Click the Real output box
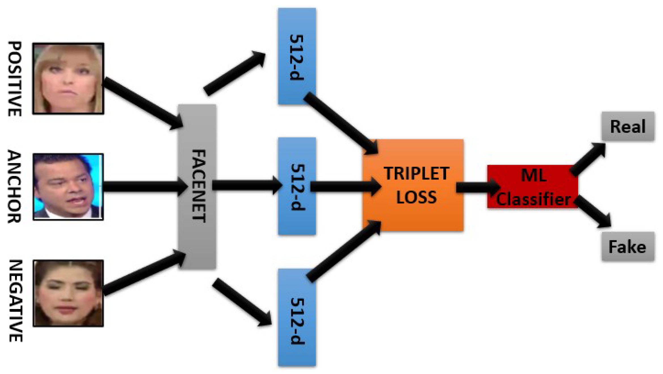point(628,127)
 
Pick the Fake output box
point(628,247)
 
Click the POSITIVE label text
point(15,79)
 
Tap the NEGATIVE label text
point(15,301)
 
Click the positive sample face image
point(68,79)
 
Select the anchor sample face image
point(68,187)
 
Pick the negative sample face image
point(68,293)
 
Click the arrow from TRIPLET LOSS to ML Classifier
point(477,187)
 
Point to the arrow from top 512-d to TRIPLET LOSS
point(340,123)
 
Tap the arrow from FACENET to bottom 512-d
point(241,302)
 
